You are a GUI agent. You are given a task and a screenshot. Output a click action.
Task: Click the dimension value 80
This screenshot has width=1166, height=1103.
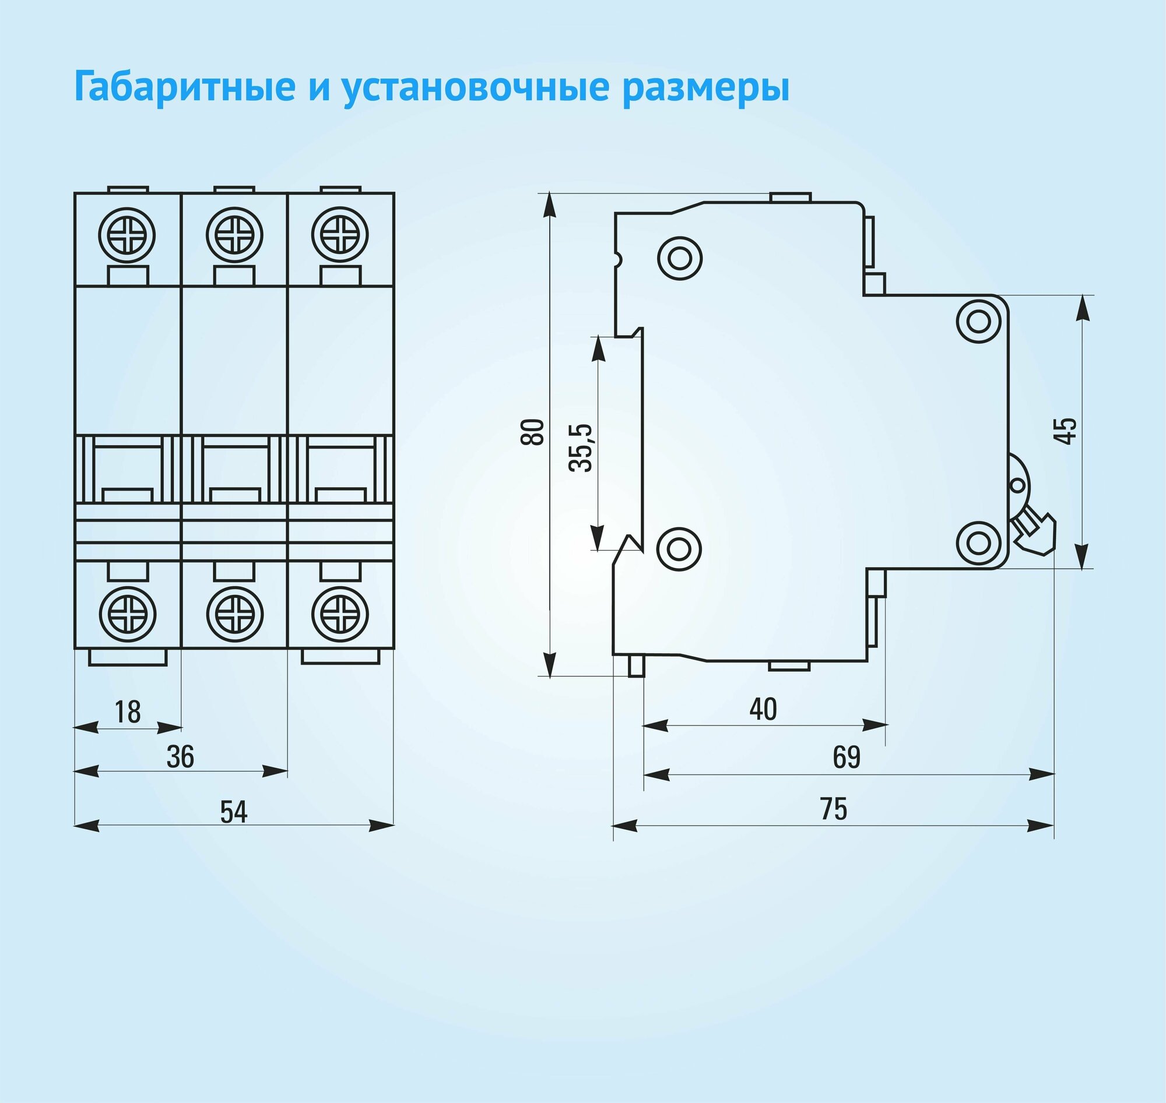coord(533,432)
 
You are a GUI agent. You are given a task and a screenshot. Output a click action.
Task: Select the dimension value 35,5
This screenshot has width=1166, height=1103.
coord(581,447)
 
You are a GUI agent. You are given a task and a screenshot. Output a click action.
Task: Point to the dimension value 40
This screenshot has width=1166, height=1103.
coord(763,710)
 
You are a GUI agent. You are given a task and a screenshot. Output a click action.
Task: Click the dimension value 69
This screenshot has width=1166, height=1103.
coord(847,758)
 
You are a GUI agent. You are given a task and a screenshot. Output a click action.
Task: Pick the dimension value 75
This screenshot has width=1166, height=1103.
coord(833,809)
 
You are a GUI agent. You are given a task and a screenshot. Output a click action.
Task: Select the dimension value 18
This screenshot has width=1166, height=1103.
coord(127,712)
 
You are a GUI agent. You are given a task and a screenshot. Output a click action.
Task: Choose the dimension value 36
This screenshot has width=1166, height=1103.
coord(180,757)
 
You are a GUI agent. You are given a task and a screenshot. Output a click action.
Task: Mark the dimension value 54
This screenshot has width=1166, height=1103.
coord(234,812)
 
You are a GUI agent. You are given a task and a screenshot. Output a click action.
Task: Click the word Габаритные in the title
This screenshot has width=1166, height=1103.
coord(184,86)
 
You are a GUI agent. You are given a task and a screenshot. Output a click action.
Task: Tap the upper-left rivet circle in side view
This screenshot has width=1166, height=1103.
coord(679,258)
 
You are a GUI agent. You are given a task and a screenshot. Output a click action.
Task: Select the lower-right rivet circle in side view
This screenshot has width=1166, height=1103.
coord(978,544)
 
